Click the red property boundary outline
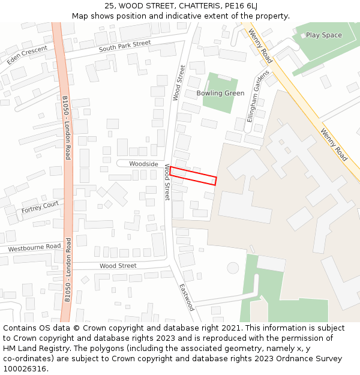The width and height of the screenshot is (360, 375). [193, 176]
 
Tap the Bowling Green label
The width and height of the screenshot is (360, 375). [220, 93]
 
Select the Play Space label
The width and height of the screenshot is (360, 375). [323, 35]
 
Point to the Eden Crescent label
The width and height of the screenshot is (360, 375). [27, 55]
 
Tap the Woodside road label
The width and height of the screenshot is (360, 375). [143, 164]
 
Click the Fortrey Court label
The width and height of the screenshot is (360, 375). [40, 208]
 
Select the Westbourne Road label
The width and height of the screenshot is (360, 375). [34, 247]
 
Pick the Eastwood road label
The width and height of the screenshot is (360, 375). [187, 297]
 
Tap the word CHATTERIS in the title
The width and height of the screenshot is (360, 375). [184, 6]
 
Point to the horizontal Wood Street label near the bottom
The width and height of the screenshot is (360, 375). [118, 265]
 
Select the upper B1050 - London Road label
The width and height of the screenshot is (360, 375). [67, 127]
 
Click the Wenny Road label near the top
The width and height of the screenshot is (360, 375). [260, 46]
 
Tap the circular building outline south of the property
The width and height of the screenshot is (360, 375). [233, 268]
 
